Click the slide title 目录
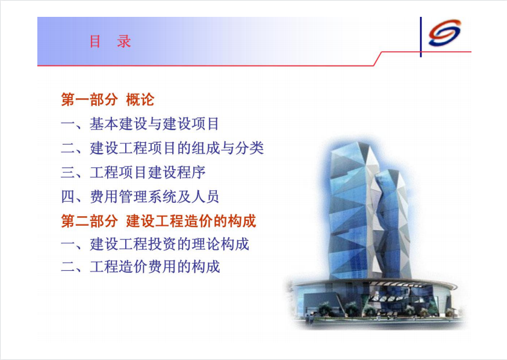tap(110, 42)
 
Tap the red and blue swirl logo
tap(444, 33)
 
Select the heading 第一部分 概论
tap(107, 99)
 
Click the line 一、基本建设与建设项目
tap(140, 124)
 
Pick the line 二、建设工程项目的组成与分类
tap(163, 148)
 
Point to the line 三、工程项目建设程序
tap(133, 172)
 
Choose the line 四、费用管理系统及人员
tap(140, 196)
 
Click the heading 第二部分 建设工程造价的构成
tap(158, 221)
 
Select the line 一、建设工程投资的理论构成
tap(155, 244)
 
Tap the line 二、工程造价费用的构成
tap(140, 267)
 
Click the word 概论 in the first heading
tap(140, 99)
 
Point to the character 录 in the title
tap(124, 42)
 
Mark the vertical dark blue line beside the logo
tap(421, 37)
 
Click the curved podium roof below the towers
tap(375, 283)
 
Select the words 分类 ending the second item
tap(250, 148)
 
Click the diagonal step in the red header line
tap(378, 58)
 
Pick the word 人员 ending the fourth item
tap(205, 196)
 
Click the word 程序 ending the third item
tap(191, 172)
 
